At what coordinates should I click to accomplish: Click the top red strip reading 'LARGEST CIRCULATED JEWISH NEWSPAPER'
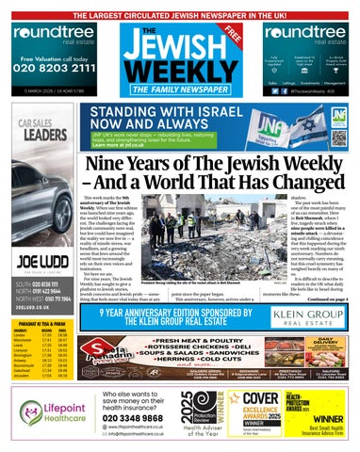tap(180, 8)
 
